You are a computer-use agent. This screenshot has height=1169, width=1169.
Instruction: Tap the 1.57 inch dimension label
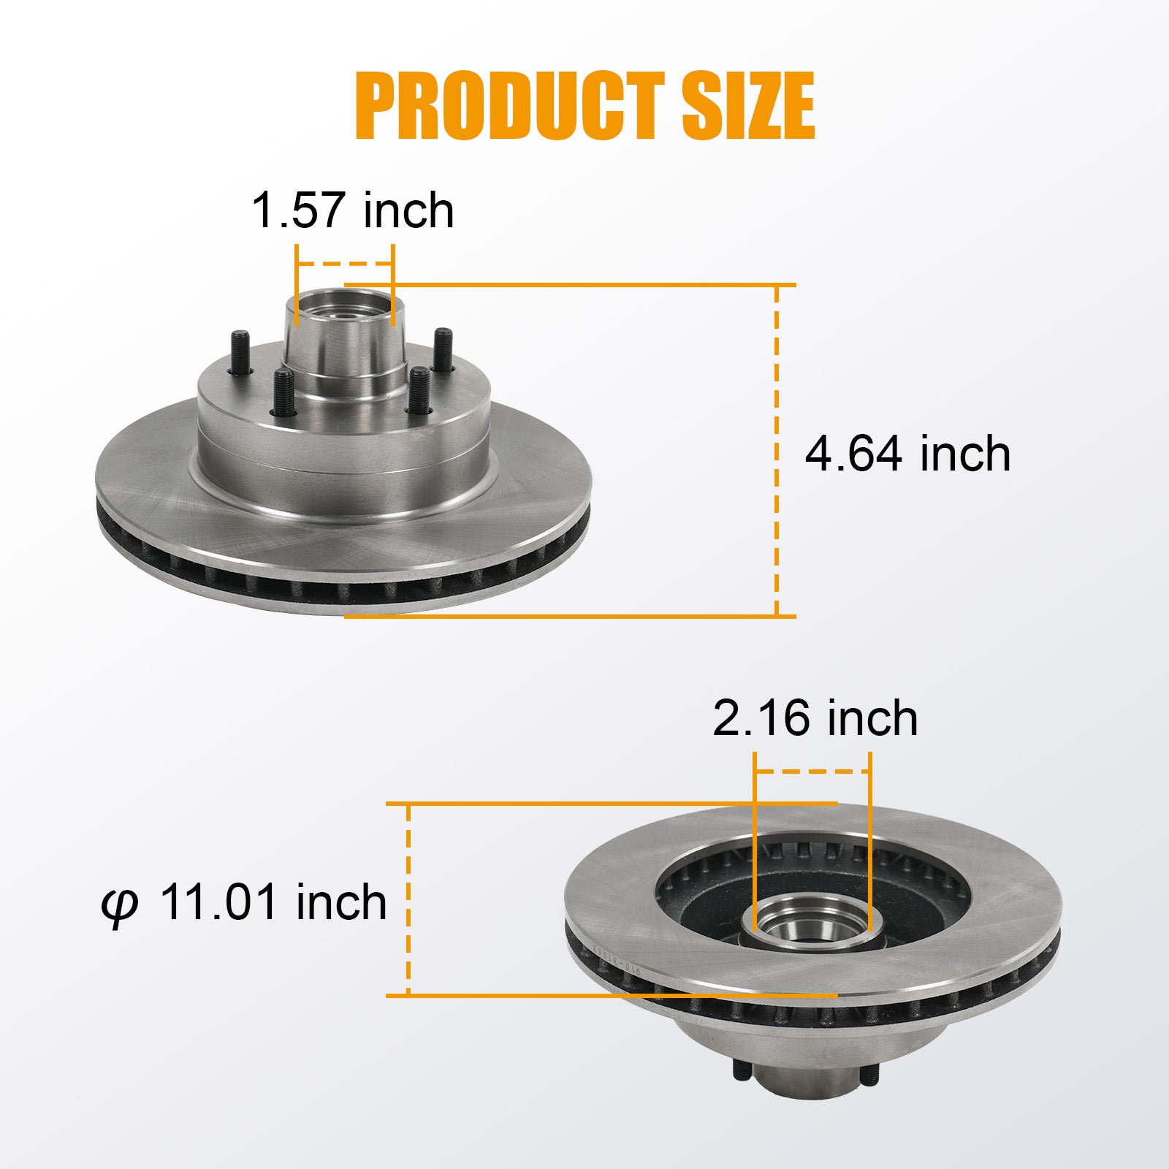pyautogui.click(x=352, y=210)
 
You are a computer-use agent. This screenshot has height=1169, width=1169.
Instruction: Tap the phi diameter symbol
pyautogui.click(x=119, y=907)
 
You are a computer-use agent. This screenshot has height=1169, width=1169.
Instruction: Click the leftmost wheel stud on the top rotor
pyautogui.click(x=240, y=353)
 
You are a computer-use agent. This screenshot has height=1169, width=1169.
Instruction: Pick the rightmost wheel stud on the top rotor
pyautogui.click(x=443, y=351)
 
